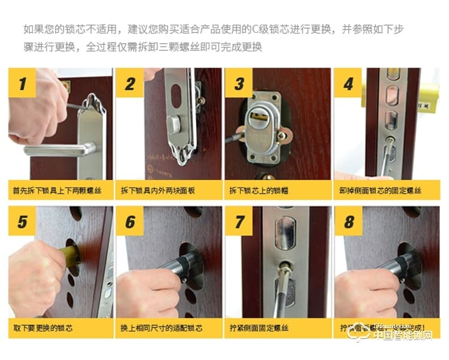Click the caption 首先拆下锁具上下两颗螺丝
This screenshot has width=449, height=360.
[x=57, y=190]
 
